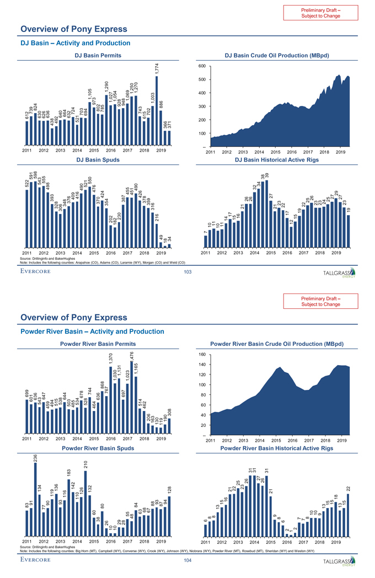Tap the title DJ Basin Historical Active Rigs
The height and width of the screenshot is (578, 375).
click(x=276, y=160)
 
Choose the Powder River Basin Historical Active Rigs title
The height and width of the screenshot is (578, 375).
click(x=276, y=448)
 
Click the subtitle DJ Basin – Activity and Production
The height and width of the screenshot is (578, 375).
click(x=75, y=42)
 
